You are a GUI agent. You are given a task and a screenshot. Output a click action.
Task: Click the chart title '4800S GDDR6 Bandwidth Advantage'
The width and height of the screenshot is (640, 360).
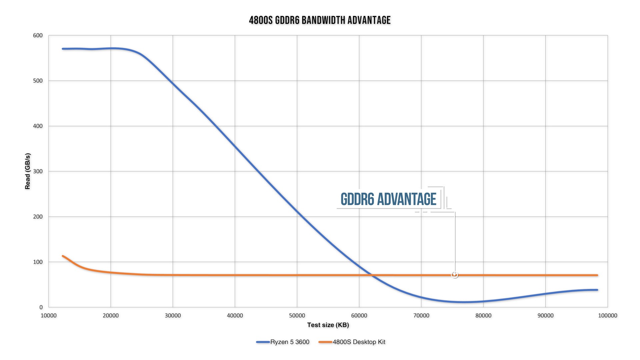point(320,20)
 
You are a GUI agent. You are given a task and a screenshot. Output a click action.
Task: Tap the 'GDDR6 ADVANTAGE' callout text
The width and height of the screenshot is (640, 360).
point(388,199)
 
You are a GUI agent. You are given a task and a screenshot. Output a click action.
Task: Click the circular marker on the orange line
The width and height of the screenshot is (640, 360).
point(455,275)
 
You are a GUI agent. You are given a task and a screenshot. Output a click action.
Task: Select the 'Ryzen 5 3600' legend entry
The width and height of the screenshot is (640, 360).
point(289,342)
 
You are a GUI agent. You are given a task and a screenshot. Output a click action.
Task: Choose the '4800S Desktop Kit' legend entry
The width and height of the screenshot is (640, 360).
point(359,342)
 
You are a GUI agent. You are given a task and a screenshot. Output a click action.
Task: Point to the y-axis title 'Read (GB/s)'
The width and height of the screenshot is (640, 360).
point(28,171)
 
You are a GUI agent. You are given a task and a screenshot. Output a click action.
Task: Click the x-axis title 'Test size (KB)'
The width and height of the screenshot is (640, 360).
point(328,325)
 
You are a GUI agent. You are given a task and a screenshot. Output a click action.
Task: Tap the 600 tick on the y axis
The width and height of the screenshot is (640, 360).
point(38,35)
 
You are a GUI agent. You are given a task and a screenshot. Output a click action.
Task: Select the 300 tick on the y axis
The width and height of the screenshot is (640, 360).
point(38,171)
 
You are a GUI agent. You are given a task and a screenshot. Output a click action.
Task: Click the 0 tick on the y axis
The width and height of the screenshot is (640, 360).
point(41,307)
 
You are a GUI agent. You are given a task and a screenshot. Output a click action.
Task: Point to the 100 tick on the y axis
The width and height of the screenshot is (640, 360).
point(38,262)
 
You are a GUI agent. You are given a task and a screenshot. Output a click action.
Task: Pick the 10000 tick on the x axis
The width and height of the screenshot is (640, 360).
point(49,316)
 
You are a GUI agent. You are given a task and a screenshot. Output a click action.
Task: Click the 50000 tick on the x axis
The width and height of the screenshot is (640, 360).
point(297,316)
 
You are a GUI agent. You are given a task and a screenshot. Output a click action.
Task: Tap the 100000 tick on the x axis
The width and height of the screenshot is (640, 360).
point(608,316)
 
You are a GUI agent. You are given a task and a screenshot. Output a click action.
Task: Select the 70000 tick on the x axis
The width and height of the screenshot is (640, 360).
point(421,316)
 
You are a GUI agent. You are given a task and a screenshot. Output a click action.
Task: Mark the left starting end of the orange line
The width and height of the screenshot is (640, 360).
point(63,256)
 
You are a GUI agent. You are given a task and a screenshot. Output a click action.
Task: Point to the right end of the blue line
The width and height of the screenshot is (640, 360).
point(597,290)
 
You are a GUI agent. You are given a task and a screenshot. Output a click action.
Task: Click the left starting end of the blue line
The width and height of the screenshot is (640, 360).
point(63,49)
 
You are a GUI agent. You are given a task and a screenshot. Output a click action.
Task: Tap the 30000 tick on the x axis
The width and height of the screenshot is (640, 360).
point(173,316)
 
